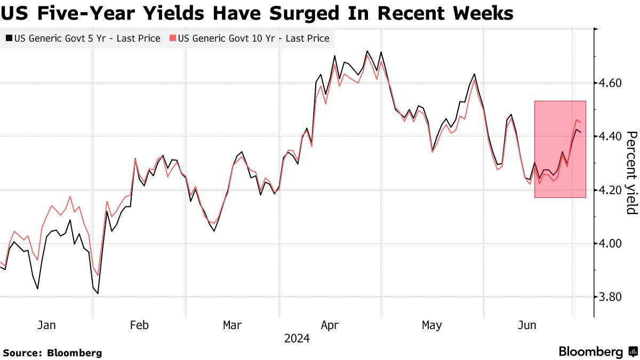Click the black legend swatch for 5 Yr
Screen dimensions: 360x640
coord(9,38)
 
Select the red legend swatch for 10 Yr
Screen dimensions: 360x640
coord(172,38)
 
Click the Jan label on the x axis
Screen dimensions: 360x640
coord(46,325)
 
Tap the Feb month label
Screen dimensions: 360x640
coord(139,325)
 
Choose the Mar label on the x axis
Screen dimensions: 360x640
coord(233,325)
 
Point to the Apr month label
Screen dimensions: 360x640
coord(330,325)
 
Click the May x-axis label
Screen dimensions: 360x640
coord(431,325)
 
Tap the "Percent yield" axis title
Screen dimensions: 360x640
coord(631,172)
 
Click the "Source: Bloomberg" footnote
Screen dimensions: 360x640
coord(52,353)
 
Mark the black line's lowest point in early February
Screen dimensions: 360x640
coord(98,293)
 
